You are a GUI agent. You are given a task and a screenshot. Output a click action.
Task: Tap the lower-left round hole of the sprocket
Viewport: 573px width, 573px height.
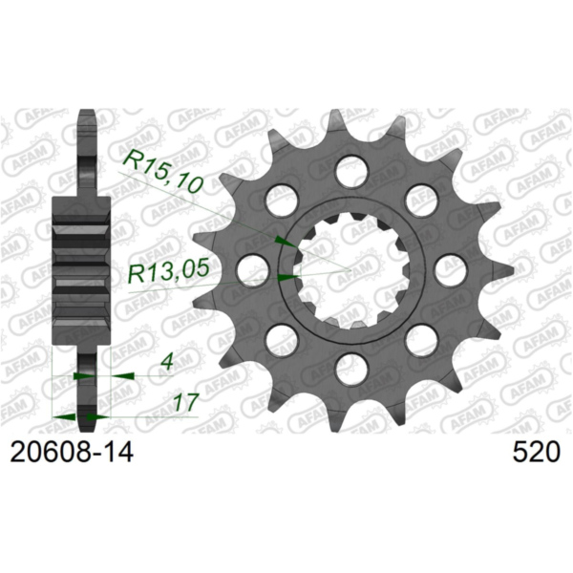tap(278, 337)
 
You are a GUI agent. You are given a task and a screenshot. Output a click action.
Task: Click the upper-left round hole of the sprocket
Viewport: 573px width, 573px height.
tap(278, 199)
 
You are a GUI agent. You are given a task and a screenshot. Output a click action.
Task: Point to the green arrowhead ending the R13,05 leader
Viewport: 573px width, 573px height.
tap(286, 277)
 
